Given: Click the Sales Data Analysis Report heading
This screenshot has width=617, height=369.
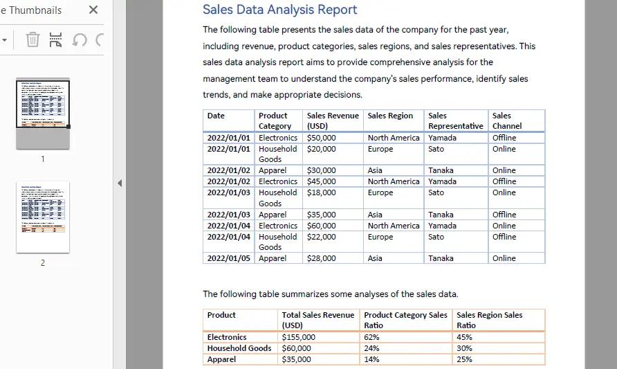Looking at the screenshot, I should [x=279, y=10].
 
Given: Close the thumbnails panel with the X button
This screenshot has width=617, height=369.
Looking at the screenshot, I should [x=93, y=10].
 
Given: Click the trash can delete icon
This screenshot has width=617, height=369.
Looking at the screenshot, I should [x=33, y=39].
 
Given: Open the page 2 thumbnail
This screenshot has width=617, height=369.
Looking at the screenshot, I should [x=43, y=217].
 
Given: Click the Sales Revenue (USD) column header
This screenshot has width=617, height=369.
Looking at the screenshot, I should [x=333, y=120].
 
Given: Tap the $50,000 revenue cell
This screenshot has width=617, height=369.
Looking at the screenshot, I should [x=321, y=138].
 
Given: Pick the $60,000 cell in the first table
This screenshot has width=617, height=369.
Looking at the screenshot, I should [x=321, y=226].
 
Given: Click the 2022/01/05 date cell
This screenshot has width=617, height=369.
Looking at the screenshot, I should [x=229, y=258].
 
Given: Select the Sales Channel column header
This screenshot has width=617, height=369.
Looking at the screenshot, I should [x=506, y=120].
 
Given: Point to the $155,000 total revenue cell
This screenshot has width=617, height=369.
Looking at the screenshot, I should [x=298, y=337].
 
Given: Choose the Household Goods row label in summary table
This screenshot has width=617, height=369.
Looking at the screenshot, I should [x=239, y=348].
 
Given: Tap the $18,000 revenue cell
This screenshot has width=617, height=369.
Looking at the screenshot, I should [x=321, y=192].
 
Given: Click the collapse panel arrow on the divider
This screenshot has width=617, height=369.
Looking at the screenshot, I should [x=119, y=183].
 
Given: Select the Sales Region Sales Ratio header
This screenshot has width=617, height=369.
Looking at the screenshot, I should [x=489, y=320].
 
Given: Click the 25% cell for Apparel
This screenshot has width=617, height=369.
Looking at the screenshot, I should [x=464, y=359].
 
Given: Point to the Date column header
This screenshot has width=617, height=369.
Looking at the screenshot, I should [x=216, y=116].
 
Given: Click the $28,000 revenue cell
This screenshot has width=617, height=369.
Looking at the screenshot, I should [x=321, y=258].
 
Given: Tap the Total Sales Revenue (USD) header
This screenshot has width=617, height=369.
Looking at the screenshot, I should [x=317, y=320].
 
